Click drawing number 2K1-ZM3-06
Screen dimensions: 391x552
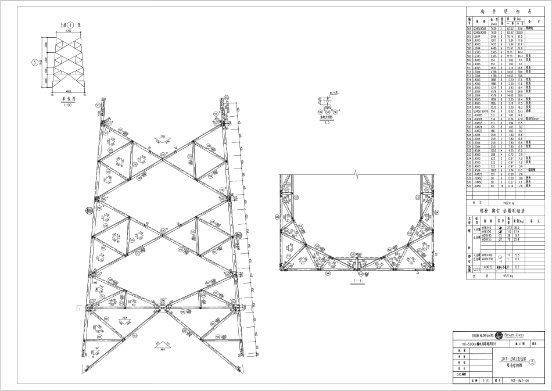tap(519, 381)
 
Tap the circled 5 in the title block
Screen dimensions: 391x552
tap(542, 361)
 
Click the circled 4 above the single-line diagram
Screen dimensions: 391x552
tap(71, 26)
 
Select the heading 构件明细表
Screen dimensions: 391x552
tap(508, 11)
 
